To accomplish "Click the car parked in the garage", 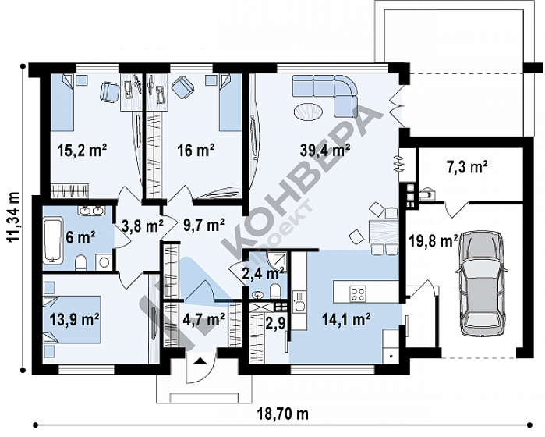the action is (482, 283).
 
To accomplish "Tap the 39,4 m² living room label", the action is (325, 150).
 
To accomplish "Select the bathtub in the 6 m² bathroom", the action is (53, 240).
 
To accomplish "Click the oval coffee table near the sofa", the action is (308, 112).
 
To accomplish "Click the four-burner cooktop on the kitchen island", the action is (358, 293).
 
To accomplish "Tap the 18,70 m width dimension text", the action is (282, 414).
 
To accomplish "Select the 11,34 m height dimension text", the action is (14, 216).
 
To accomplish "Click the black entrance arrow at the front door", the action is (200, 361).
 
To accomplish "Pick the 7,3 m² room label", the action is (467, 167).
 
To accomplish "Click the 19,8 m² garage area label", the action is (433, 241).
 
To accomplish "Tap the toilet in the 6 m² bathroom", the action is (81, 263).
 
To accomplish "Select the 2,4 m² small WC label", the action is (263, 273).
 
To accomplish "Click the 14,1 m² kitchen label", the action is (346, 319).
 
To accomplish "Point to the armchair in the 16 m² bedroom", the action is (182, 87).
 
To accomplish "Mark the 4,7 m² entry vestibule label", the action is (203, 319).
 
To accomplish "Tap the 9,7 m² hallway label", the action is (203, 226).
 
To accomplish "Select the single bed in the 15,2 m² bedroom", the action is (62, 102).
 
